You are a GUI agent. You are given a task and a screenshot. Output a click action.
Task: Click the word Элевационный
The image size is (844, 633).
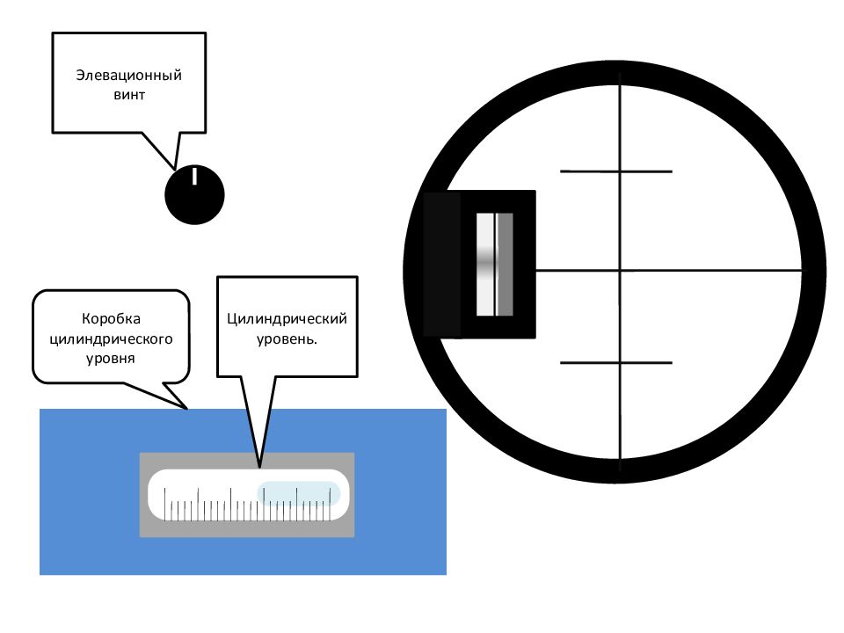point(128,76)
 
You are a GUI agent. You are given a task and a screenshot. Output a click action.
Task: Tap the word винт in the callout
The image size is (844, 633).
point(129,95)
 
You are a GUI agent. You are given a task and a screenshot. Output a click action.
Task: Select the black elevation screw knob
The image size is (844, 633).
point(194,194)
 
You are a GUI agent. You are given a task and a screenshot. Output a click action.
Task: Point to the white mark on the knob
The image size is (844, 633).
point(195,176)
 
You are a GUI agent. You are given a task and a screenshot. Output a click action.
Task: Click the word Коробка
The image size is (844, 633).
point(111,318)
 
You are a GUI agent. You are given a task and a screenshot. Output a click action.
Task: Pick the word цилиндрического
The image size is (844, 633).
point(111,339)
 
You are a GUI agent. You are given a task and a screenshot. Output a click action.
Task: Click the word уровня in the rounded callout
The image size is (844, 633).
point(111,359)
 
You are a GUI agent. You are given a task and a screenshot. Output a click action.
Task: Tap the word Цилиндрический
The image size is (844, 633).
point(287,318)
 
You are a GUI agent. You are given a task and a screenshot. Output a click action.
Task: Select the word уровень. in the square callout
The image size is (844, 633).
point(287,339)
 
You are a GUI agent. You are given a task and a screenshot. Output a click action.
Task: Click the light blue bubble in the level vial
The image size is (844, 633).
point(299,493)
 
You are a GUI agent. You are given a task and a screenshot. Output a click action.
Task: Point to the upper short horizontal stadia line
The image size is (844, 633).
point(616,171)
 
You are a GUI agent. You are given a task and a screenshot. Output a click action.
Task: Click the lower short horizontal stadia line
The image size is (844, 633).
point(616,363)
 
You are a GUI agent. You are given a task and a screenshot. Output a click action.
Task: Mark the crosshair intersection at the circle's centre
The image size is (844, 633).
point(620,270)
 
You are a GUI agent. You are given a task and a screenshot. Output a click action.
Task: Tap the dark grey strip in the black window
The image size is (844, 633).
point(505,265)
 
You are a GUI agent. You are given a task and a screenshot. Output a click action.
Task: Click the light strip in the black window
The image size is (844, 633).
point(485,265)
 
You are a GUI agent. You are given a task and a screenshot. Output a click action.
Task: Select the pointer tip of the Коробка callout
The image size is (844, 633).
point(186,409)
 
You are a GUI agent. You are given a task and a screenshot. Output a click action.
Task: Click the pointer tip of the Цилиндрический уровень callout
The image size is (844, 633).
point(259,467)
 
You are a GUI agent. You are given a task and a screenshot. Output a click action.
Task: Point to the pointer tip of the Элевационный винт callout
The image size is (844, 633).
point(174,170)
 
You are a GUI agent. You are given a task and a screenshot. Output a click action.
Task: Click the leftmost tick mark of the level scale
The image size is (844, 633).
point(164,505)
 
